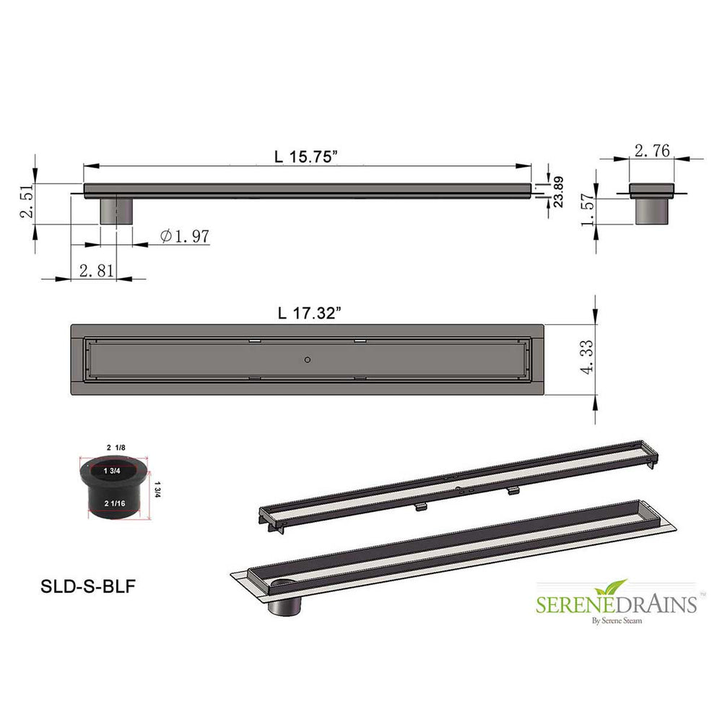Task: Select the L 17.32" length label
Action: [309, 313]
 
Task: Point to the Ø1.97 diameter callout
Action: [184, 236]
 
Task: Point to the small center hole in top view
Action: [308, 359]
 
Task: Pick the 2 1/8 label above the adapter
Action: [116, 448]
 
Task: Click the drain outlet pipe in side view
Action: [116, 211]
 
